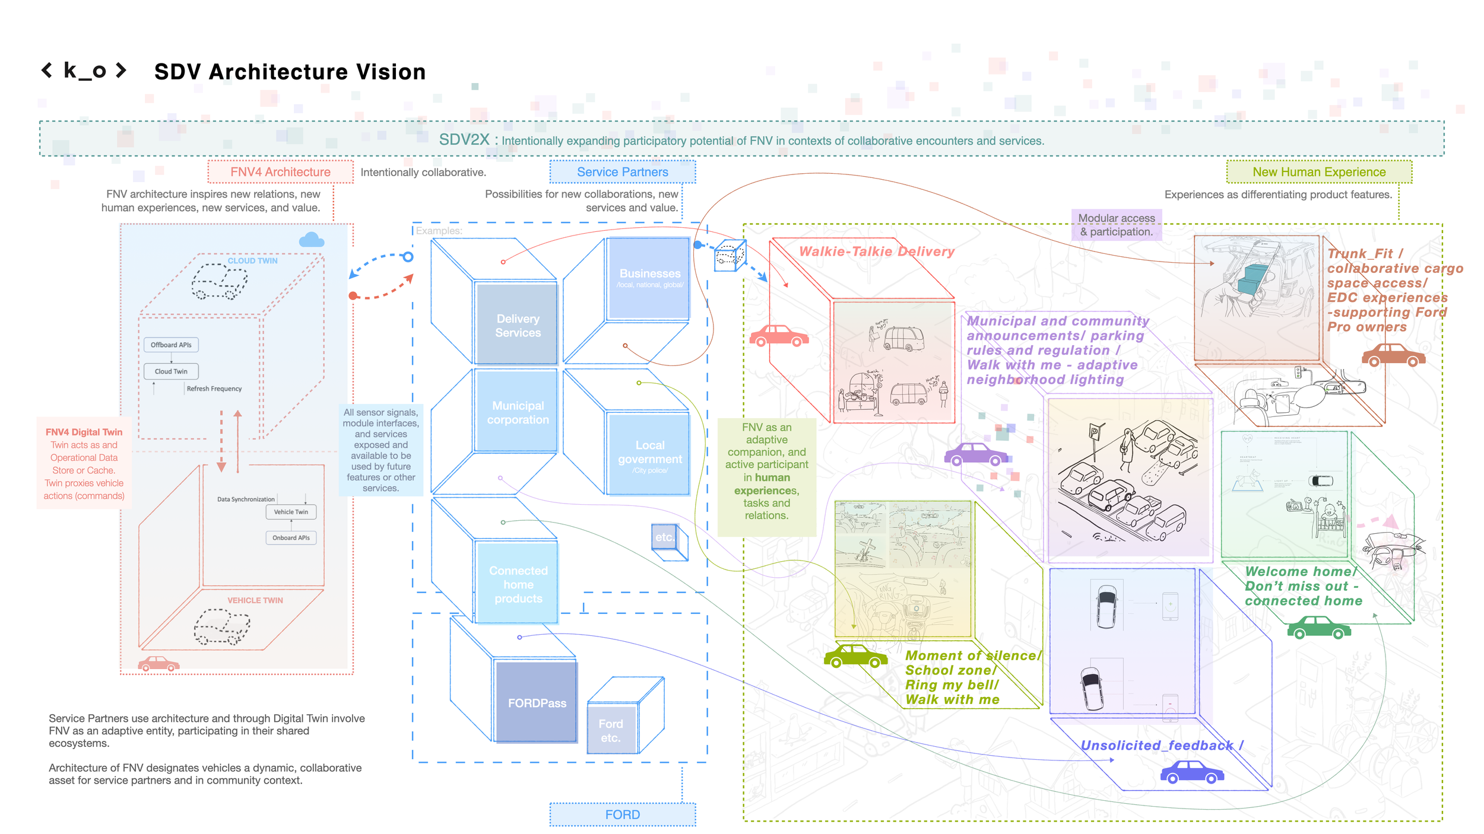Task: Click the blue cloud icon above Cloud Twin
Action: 312,240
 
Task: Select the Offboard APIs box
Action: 171,345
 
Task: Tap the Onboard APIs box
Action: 291,538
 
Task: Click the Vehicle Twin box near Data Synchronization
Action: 291,512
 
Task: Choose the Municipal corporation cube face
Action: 518,412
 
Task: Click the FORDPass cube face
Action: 537,703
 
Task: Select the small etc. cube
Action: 665,537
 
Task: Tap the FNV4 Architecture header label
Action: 280,172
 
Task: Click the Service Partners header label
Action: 622,172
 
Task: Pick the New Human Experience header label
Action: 1318,172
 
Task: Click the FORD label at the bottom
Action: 622,814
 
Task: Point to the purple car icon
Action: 975,455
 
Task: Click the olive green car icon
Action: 855,657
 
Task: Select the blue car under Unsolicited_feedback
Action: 1191,772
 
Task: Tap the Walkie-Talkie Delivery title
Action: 876,252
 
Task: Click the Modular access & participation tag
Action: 1116,225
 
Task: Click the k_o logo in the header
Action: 84,71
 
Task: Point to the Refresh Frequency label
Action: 214,389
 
